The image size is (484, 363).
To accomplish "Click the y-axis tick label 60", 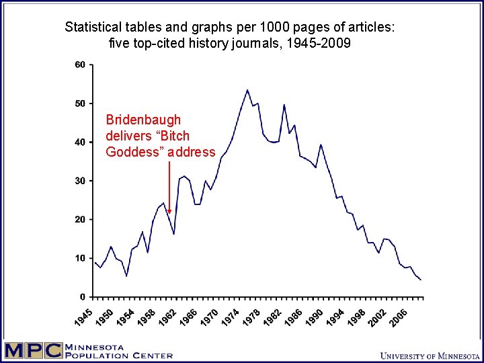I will [79, 65].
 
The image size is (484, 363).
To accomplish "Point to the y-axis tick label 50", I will [79, 104].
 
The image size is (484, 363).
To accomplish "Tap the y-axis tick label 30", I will [79, 181].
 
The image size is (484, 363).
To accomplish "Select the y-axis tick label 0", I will [82, 297].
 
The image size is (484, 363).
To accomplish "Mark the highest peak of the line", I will [247, 89].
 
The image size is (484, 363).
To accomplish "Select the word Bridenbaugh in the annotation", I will [143, 120].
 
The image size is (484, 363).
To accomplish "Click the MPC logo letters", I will [32, 351].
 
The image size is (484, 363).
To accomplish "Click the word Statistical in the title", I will [93, 28].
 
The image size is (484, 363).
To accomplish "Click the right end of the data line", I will [421, 280].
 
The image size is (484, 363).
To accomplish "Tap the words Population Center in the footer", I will [118, 356].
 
